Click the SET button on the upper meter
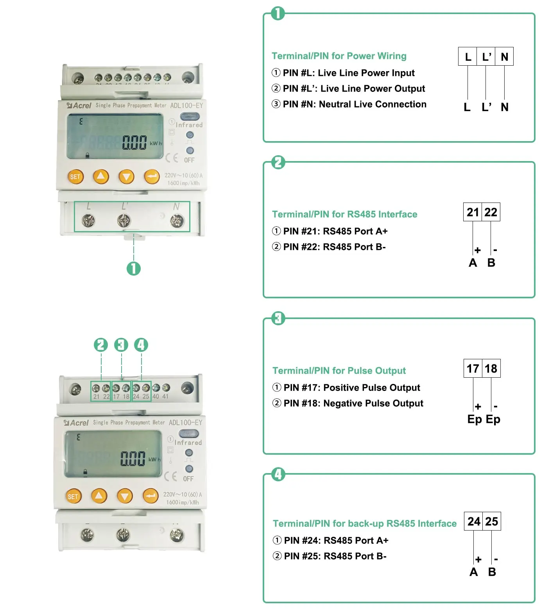coord(75,177)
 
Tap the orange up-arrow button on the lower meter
coord(99,496)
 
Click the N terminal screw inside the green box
coord(177,221)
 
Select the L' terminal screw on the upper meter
coord(124,221)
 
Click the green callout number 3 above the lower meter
coord(121,345)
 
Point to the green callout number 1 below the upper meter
coord(134,269)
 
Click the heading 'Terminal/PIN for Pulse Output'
coord(339,371)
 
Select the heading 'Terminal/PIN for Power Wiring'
coord(339,56)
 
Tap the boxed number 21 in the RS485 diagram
coord(473,212)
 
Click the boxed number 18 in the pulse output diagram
coord(491,368)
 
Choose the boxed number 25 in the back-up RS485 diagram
coord(492,521)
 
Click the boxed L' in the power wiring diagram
coord(486,57)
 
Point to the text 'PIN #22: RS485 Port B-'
coord(329,247)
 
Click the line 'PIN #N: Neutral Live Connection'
coord(349,104)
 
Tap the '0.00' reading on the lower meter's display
coord(133,459)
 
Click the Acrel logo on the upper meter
coord(79,106)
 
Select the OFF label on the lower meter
coord(188,479)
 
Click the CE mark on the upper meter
coord(172,158)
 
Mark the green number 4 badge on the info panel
coord(278,474)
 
